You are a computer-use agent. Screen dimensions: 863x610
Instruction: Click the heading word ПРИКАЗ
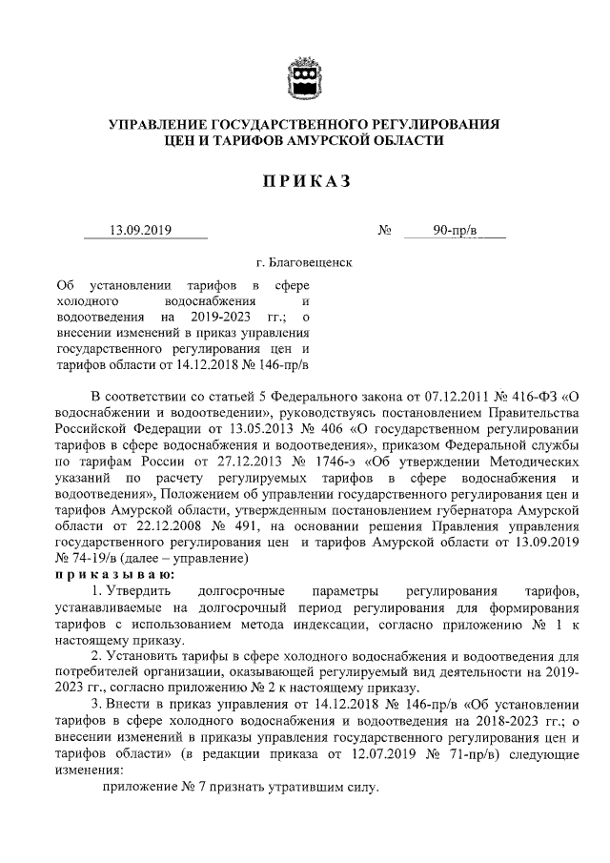[304, 181]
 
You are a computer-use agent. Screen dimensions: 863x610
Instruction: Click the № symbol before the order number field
[386, 230]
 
